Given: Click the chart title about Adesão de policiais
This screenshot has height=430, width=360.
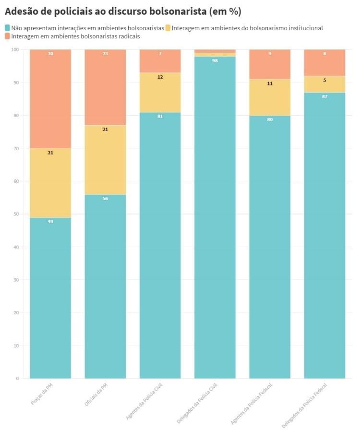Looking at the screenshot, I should coord(123,11).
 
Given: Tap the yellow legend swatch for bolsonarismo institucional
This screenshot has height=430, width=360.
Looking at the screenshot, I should coord(168,28).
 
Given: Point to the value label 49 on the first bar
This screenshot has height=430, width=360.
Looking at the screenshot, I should coord(50,222).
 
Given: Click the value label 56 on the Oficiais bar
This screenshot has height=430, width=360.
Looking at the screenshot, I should coord(105,199).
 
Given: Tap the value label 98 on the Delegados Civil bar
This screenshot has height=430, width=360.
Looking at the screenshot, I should coord(215,60).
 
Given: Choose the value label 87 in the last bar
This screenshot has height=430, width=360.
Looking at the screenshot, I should coord(324,96).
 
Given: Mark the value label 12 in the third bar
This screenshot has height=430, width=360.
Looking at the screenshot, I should coord(160,77).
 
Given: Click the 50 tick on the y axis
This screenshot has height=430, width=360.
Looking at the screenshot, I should coord(16,214).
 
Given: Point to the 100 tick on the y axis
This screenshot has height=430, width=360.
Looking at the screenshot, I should coord(14,49).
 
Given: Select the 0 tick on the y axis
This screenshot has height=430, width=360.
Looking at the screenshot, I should coord(17,379).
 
